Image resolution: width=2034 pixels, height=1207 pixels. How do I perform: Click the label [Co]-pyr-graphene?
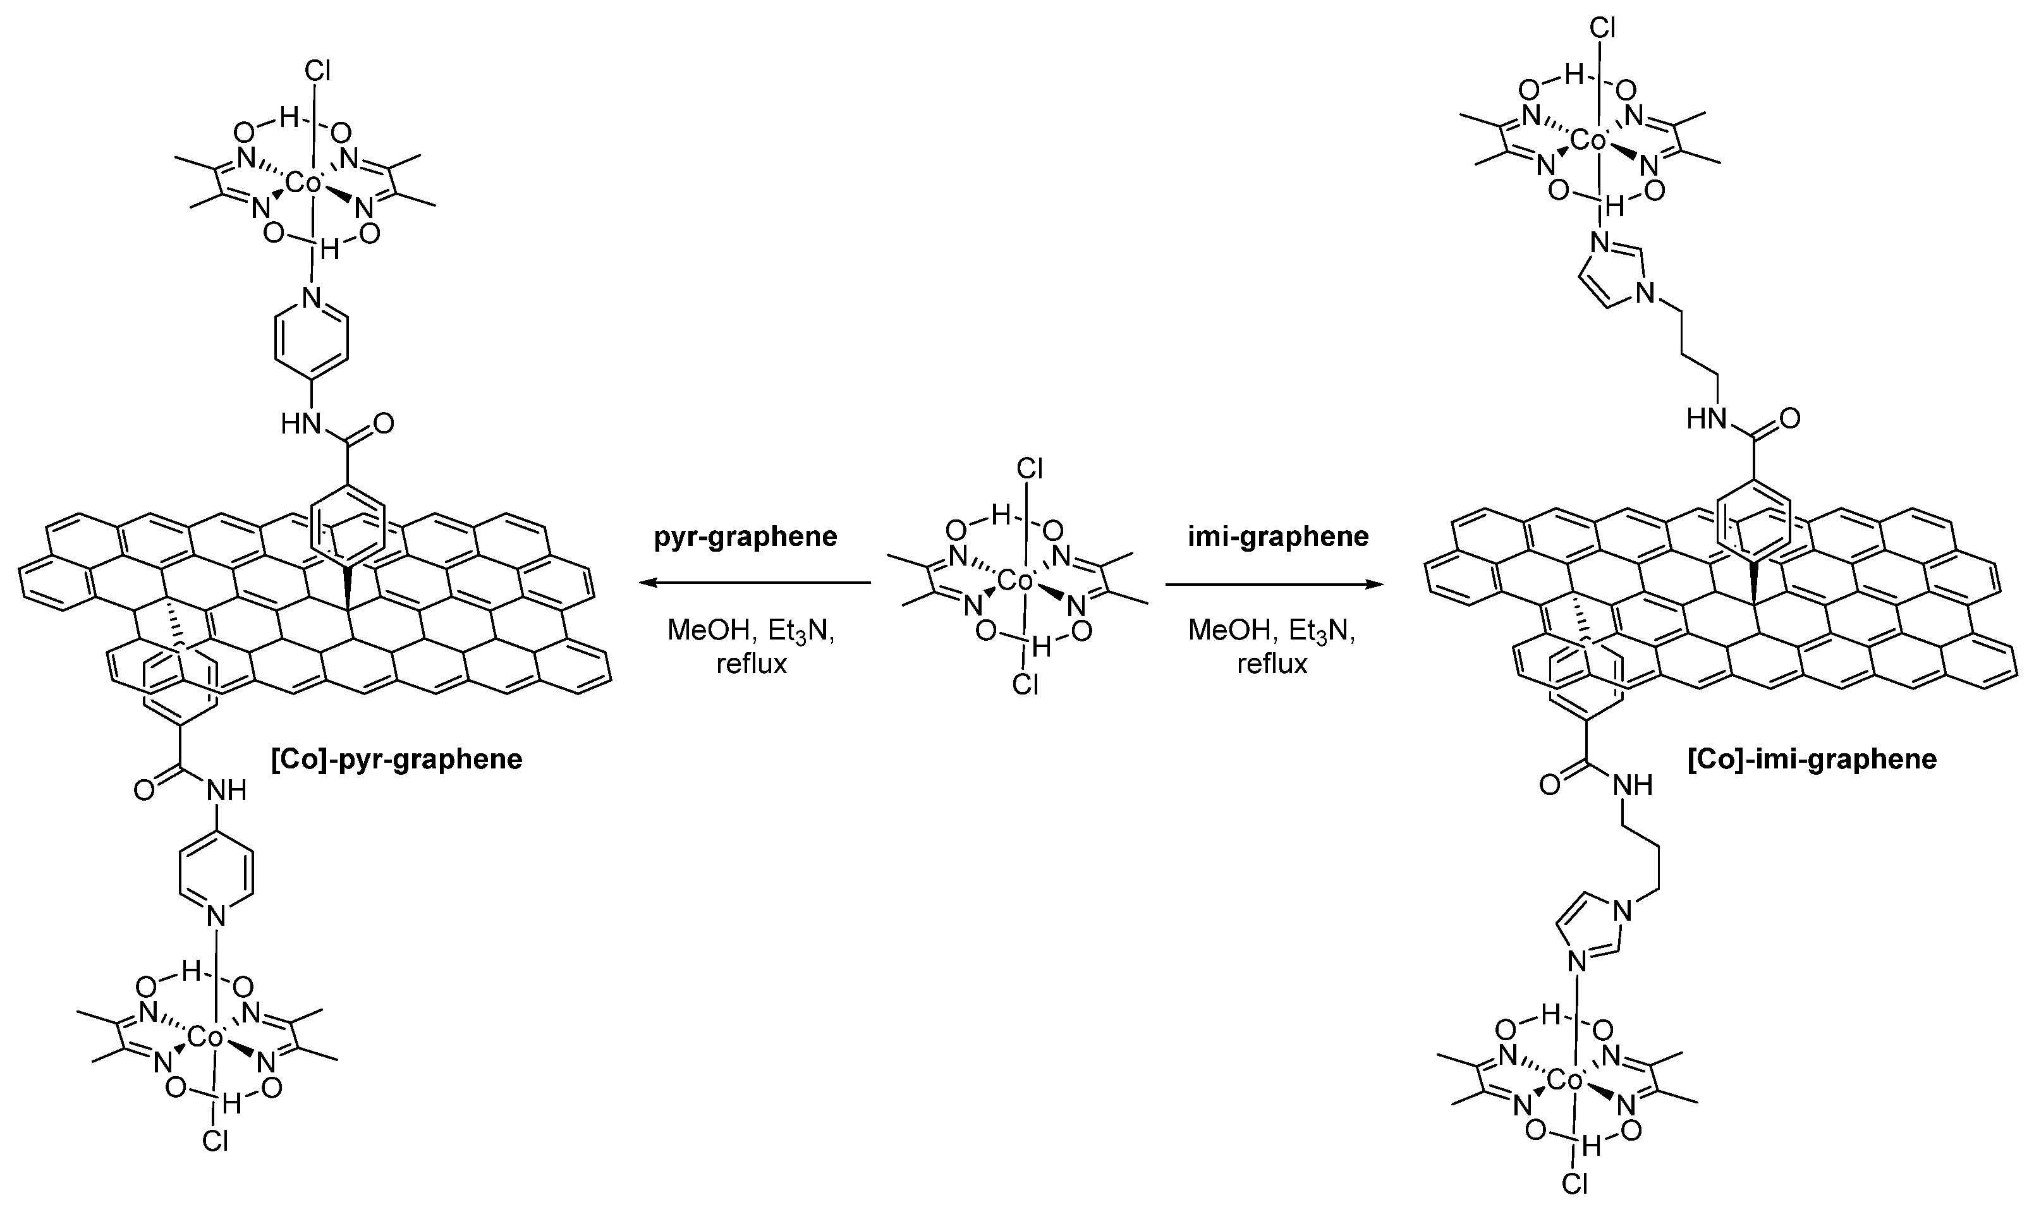click(397, 760)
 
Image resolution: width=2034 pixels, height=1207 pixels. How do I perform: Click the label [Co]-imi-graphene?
click(1812, 760)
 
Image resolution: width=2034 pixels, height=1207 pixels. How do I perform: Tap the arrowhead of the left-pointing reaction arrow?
click(644, 583)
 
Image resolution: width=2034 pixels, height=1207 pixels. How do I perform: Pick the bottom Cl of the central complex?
click(1026, 686)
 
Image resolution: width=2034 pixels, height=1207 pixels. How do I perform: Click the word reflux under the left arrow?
click(752, 665)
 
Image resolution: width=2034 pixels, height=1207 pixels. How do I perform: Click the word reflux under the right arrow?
click(1272, 665)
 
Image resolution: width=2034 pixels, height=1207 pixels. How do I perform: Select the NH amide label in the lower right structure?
click(1631, 785)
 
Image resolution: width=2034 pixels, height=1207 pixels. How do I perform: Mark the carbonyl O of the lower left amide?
click(144, 791)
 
